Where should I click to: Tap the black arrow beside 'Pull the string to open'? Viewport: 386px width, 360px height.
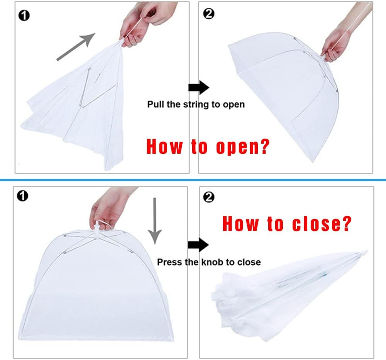coord(198,88)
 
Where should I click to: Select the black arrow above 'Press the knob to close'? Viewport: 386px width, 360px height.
coord(198,245)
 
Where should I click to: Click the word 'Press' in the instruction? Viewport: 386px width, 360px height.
coord(169,262)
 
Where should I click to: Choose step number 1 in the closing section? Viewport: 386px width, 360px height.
coord(23,196)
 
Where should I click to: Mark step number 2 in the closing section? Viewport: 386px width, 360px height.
coord(208,197)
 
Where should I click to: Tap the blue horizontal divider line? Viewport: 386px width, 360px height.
coord(193,180)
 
